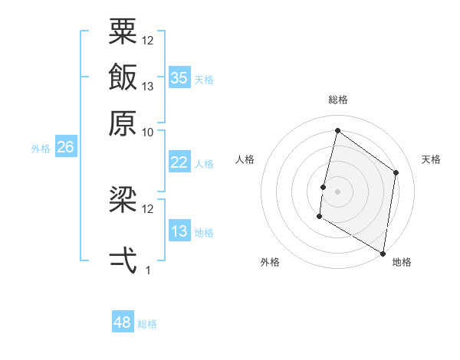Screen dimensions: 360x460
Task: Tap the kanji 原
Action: click(123, 123)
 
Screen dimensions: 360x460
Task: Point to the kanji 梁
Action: click(123, 200)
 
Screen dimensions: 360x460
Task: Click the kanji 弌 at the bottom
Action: click(123, 260)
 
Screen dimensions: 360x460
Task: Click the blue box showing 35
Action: click(179, 77)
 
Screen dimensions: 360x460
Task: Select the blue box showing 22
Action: click(179, 162)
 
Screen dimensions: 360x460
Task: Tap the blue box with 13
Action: click(179, 231)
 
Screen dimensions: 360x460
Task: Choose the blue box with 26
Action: click(65, 147)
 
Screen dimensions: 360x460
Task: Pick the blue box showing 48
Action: click(123, 322)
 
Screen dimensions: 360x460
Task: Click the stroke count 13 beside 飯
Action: click(148, 87)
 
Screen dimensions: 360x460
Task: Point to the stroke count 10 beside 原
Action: click(148, 132)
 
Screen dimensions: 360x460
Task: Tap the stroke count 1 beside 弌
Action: click(148, 270)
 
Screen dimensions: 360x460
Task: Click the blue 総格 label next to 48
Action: click(147, 324)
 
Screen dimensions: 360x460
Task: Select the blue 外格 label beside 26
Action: click(40, 149)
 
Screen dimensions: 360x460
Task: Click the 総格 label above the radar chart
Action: click(337, 100)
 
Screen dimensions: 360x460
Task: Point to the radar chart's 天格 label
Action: click(431, 159)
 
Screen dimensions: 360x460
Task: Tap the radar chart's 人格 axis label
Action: click(245, 159)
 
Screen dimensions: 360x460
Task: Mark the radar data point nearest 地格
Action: click(383, 253)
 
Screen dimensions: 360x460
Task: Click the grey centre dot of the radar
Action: click(337, 191)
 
